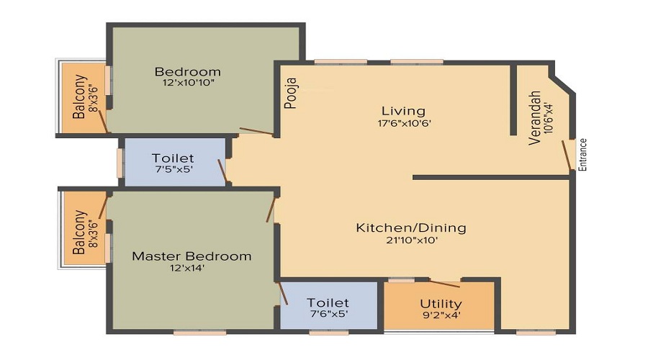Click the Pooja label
coord(292,94)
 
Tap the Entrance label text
coord(582,155)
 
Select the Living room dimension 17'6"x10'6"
coord(405,123)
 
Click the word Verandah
coord(535,118)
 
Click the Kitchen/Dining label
coord(411,228)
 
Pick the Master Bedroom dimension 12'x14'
coord(187,268)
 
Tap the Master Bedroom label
coord(192,256)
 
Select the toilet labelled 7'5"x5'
coord(175,162)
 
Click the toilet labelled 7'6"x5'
coord(329,306)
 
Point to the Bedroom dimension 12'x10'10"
coord(189,83)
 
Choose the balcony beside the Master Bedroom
coord(84,230)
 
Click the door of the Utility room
coord(445,284)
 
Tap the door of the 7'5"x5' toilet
coord(222,171)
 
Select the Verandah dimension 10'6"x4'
coord(549,117)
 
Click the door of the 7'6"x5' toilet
coord(283,294)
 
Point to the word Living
coord(403,111)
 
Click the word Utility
coord(441,305)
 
